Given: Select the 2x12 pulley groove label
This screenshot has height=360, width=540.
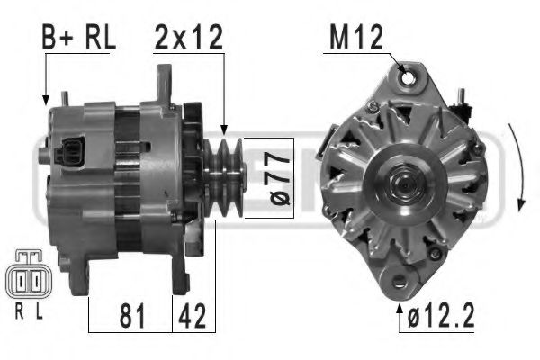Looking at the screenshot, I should coord(187,37).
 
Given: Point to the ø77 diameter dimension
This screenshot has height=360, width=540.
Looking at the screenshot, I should coord(259,179).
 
